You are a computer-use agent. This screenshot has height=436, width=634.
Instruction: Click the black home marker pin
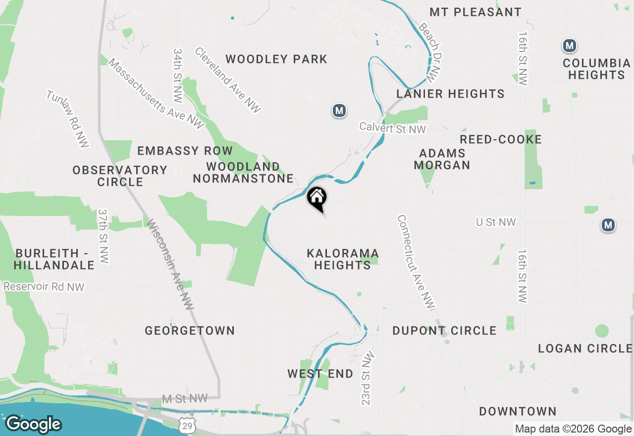317,199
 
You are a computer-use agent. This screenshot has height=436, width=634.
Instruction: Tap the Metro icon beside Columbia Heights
570,46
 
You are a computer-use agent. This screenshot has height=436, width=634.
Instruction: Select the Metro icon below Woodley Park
339,110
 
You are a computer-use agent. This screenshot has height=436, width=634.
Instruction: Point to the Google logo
33,424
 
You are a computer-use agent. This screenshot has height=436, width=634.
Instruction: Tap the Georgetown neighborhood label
190,330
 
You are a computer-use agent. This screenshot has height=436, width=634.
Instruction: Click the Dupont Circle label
444,330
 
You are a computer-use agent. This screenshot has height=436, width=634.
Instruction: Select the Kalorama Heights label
342,259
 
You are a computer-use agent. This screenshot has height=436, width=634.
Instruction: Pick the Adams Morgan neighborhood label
442,159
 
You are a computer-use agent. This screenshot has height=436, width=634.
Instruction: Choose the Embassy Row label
185,151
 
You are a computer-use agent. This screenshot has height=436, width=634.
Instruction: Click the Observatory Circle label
120,176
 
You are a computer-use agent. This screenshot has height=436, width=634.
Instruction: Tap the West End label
320,374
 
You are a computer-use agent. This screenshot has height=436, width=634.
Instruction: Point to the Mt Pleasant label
475,12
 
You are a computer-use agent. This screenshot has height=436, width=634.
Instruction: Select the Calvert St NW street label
393,128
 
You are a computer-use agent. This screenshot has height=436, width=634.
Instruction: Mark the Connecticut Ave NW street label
416,263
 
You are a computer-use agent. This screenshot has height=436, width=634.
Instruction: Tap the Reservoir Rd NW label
44,286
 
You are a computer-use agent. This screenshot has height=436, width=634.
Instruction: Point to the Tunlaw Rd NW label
68,118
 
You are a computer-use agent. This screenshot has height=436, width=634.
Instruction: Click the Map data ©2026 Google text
573,429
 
